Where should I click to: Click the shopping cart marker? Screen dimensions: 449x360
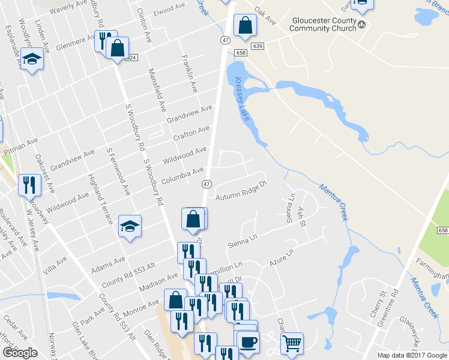pos(292,344)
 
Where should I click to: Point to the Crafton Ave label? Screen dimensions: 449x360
pos(191,133)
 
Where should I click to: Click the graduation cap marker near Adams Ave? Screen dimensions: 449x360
pos(130,226)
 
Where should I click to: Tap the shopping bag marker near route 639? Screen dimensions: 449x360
pos(244,26)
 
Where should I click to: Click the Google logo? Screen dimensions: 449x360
pos(20,353)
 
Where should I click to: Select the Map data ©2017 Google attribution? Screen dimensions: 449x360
pos(411,355)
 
